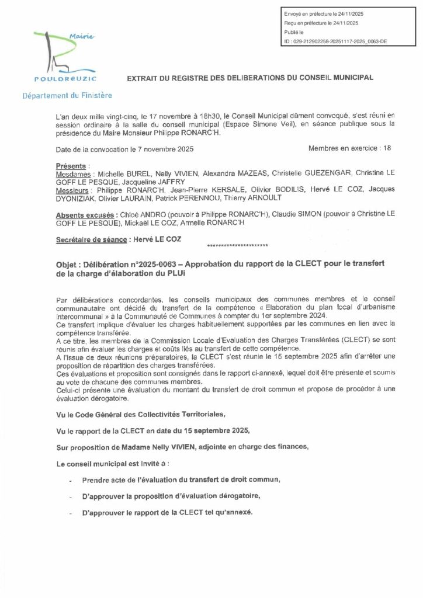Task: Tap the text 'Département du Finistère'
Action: click(67, 95)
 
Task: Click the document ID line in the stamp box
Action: click(335, 42)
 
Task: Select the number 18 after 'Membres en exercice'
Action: click(386, 148)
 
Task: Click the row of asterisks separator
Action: click(238, 245)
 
